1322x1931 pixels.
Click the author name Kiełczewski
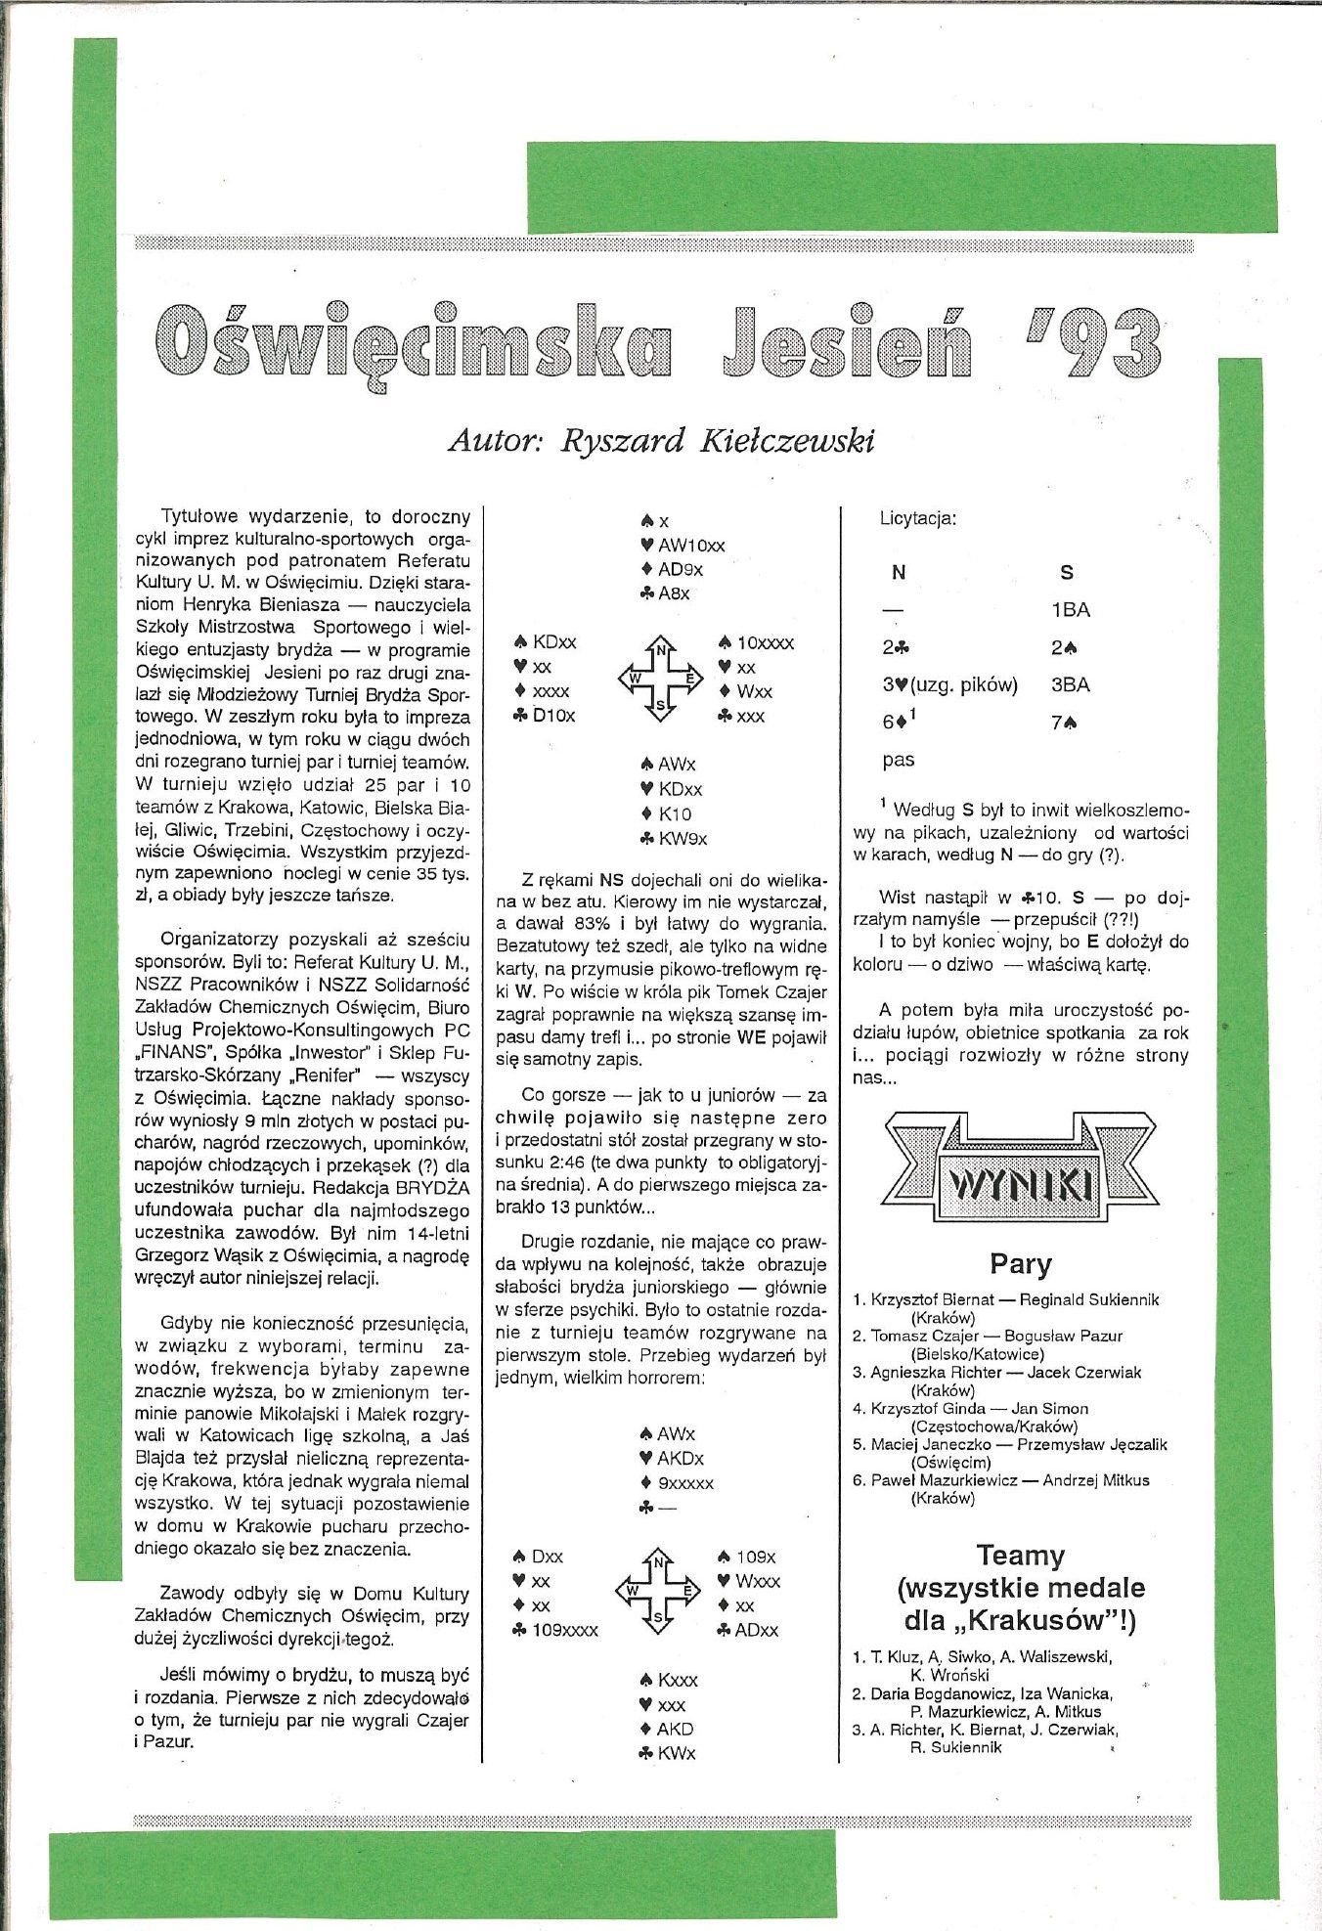tap(785, 441)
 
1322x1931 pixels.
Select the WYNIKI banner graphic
tap(1020, 1168)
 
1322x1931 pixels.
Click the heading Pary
tap(1020, 1264)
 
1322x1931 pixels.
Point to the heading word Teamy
tap(1020, 1556)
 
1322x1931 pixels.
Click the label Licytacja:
tap(918, 518)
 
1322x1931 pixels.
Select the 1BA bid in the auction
tap(1070, 610)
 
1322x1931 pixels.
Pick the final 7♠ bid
tap(1065, 723)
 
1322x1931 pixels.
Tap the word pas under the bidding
tap(898, 760)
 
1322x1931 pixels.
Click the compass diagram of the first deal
tap(660, 678)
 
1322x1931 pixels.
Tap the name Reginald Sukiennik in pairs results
tap(1088, 1299)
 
